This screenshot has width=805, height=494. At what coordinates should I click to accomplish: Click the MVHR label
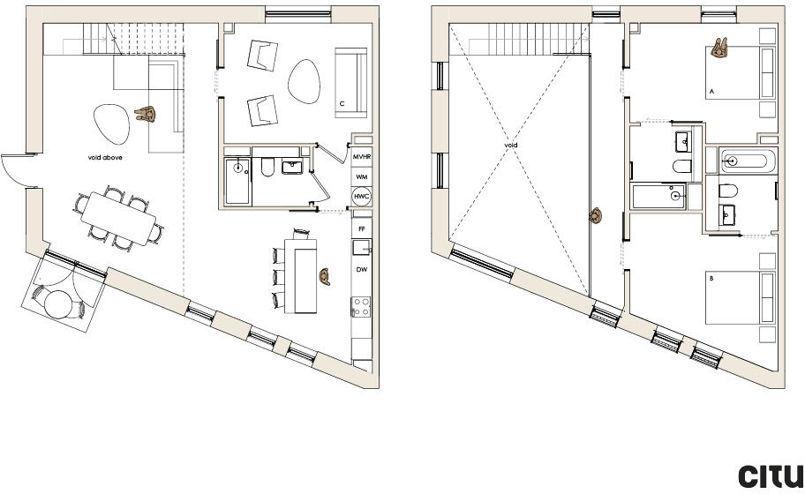tap(360, 157)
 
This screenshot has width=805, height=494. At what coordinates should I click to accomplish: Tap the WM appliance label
tap(360, 177)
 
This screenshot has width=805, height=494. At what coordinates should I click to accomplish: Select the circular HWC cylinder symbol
tap(361, 197)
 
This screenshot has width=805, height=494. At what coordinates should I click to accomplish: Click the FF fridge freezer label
tap(360, 229)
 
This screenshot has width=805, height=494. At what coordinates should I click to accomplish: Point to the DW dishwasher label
tap(361, 269)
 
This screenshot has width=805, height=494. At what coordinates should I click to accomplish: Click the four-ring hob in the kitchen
tap(361, 307)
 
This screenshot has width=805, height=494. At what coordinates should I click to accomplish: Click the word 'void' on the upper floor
tap(511, 146)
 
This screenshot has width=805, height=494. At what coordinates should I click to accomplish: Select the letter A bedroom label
tap(711, 91)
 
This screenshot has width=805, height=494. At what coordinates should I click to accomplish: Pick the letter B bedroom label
tap(711, 279)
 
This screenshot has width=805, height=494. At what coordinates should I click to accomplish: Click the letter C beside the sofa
tap(341, 104)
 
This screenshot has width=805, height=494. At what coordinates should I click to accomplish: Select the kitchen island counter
tap(305, 280)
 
